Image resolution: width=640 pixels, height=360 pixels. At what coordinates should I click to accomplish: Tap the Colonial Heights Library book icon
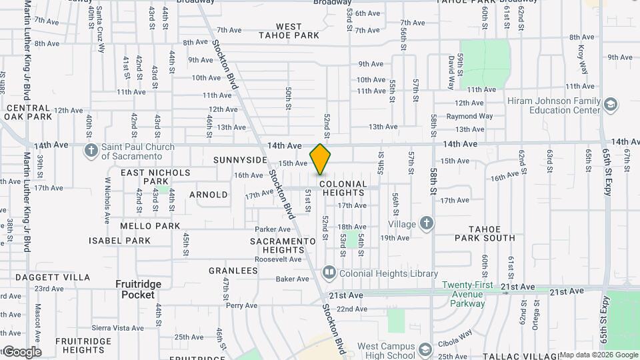tap(329, 273)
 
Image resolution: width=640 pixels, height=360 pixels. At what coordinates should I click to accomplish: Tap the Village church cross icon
tap(427, 224)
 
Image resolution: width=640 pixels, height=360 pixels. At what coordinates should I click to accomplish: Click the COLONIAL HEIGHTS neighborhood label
tap(343, 188)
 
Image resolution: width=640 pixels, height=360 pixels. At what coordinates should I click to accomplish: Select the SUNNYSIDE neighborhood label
tap(240, 161)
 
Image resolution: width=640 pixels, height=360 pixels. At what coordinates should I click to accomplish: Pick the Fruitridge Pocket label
tap(139, 289)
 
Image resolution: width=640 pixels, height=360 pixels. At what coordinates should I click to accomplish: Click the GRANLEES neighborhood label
tap(233, 271)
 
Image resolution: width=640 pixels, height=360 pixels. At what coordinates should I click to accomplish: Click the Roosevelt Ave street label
tap(279, 259)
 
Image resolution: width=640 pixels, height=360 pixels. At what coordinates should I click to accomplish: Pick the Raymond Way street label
tap(469, 116)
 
